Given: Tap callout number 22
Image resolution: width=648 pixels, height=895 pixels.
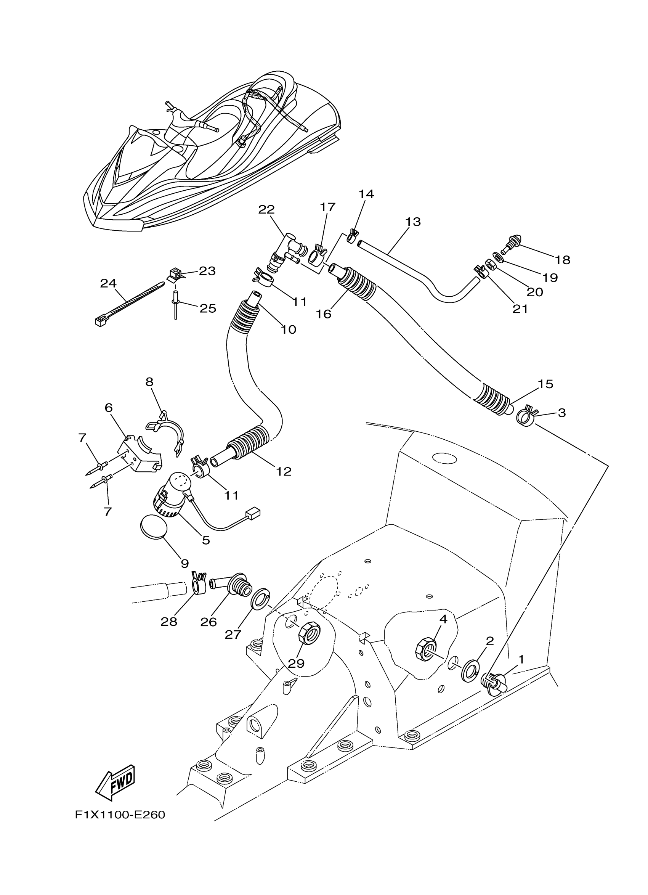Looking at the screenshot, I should click(x=266, y=209).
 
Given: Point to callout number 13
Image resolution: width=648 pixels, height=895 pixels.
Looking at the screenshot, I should click(x=412, y=222).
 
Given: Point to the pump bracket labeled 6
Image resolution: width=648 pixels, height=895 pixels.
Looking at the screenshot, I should click(x=140, y=454).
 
